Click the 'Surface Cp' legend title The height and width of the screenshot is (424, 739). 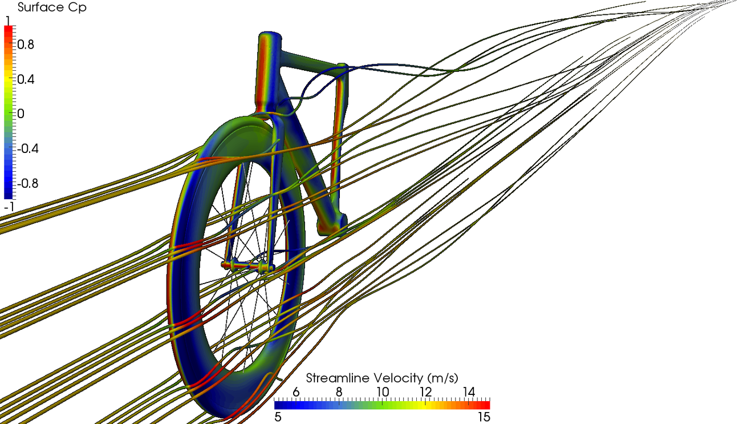(52, 8)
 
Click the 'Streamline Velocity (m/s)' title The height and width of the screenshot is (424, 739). (382, 378)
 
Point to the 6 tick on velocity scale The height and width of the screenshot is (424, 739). (296, 392)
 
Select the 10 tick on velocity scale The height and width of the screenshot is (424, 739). (382, 392)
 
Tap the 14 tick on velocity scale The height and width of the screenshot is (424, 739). (468, 392)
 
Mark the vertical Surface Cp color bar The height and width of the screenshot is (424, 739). (8, 111)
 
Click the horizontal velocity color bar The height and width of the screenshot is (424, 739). (382, 404)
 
